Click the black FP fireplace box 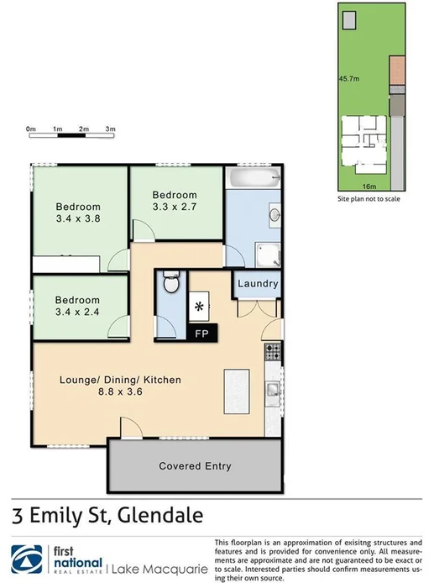(x=202, y=333)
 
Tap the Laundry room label (x=257, y=284)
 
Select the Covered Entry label (x=195, y=466)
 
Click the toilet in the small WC (x=171, y=283)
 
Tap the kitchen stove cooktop (x=272, y=353)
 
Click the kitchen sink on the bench (x=272, y=389)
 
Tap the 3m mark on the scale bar (x=110, y=129)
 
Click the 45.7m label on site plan (x=349, y=79)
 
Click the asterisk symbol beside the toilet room (x=199, y=307)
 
